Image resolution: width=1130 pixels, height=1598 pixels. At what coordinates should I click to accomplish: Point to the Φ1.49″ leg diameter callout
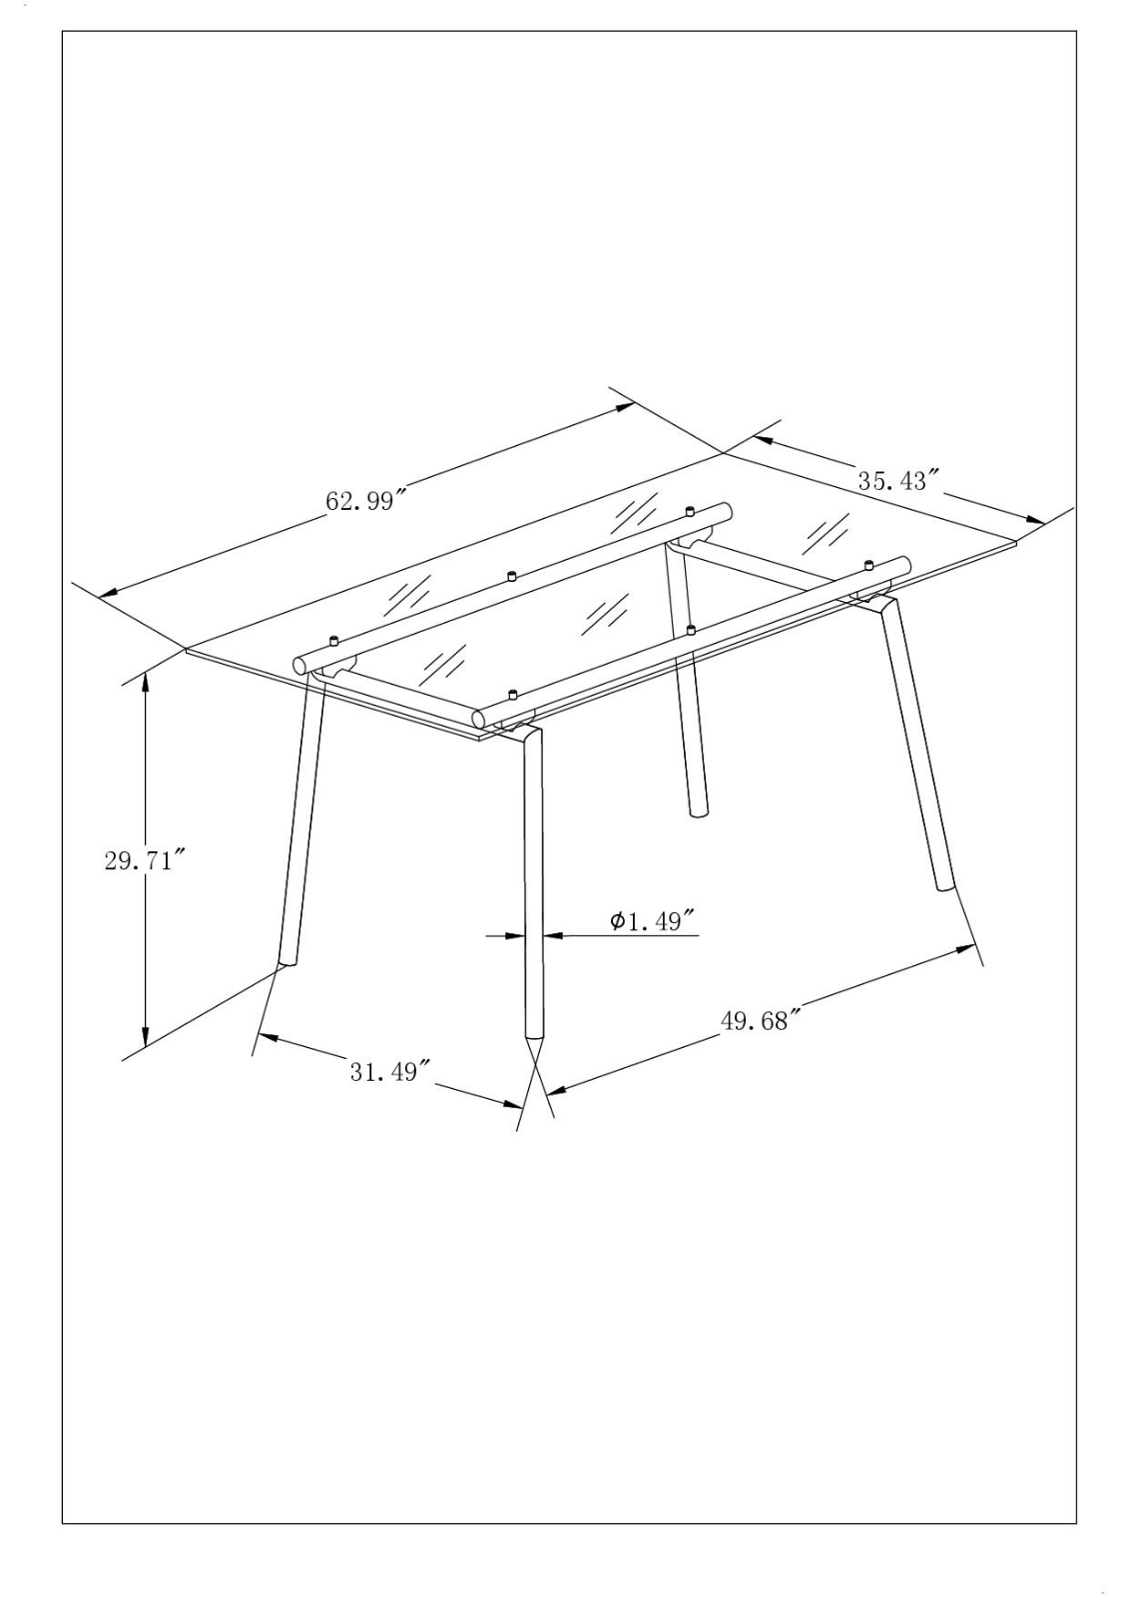click(653, 920)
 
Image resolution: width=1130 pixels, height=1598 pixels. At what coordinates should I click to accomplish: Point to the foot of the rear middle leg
click(698, 811)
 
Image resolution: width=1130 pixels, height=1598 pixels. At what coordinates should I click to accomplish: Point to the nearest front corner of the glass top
click(478, 739)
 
